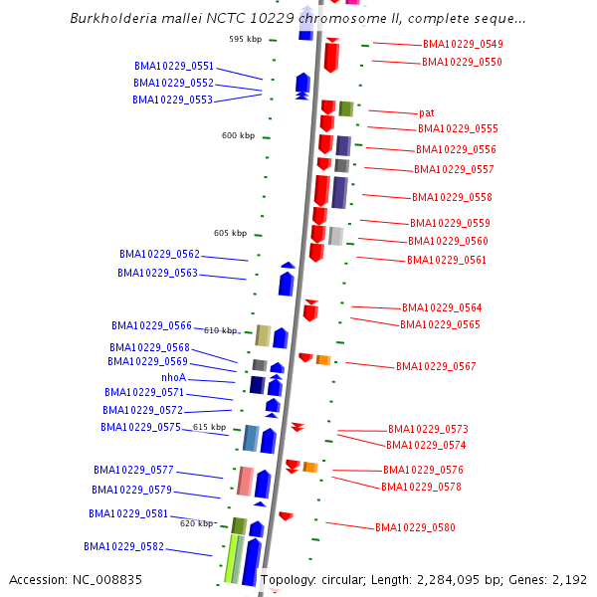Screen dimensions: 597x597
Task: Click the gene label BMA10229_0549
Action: [x=463, y=44]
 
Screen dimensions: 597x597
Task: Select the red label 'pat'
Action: [x=426, y=112]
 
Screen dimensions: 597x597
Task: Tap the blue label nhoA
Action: [x=173, y=377]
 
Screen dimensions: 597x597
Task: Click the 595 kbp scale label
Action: [x=245, y=39]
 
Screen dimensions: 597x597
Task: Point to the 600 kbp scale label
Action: [x=238, y=135]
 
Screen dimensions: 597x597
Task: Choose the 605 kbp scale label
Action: [x=230, y=233]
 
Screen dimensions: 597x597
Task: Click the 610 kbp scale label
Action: [x=221, y=330]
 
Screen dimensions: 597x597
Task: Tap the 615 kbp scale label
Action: [x=210, y=427]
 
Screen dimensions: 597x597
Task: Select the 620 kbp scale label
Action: [x=197, y=522]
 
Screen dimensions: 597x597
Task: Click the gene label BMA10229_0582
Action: [x=123, y=546]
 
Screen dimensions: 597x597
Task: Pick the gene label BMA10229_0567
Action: [x=436, y=366]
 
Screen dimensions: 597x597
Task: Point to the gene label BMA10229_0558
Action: [x=452, y=197]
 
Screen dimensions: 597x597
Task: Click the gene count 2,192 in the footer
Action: [x=568, y=579]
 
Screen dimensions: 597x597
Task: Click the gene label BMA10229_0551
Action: [x=174, y=66]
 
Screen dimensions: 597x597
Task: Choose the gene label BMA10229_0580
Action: [x=415, y=527]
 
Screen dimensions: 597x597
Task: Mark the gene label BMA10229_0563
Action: [x=157, y=273]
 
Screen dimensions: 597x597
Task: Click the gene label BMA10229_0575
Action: [x=140, y=427]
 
